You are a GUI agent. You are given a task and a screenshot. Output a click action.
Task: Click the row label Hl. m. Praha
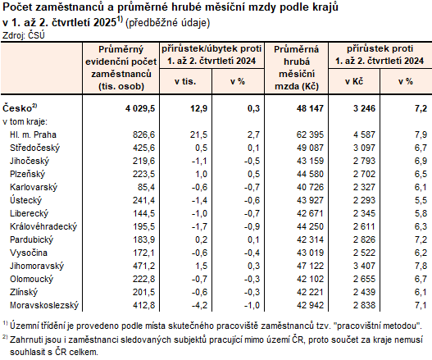point(32,133)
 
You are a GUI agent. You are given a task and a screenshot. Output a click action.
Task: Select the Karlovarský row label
point(32,186)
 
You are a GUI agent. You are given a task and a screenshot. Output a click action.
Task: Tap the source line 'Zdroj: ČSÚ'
point(24,35)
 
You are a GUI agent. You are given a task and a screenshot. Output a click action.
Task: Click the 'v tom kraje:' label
point(26,121)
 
